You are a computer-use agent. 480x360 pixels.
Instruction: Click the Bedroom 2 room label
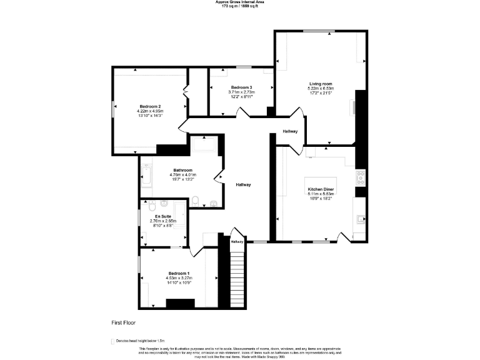click(x=151, y=106)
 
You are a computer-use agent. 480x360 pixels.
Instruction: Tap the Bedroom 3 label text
click(x=241, y=87)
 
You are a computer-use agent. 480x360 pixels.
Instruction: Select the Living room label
click(x=321, y=84)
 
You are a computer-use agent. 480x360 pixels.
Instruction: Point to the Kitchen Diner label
click(x=320, y=189)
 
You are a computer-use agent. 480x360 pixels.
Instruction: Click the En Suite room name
click(x=163, y=216)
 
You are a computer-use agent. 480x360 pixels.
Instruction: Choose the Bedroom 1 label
click(x=178, y=273)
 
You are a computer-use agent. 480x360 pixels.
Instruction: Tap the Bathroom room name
click(x=182, y=170)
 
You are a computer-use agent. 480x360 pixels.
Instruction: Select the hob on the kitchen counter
click(x=360, y=177)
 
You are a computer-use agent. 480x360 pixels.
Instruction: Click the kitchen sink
click(x=360, y=219)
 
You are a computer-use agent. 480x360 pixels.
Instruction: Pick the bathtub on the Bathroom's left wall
click(x=146, y=176)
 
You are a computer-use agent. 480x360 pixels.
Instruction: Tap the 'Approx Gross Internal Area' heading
click(x=241, y=2)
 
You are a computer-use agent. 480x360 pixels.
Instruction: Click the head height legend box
click(x=111, y=341)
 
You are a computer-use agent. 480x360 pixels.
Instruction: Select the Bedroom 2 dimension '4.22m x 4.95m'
click(x=151, y=111)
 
